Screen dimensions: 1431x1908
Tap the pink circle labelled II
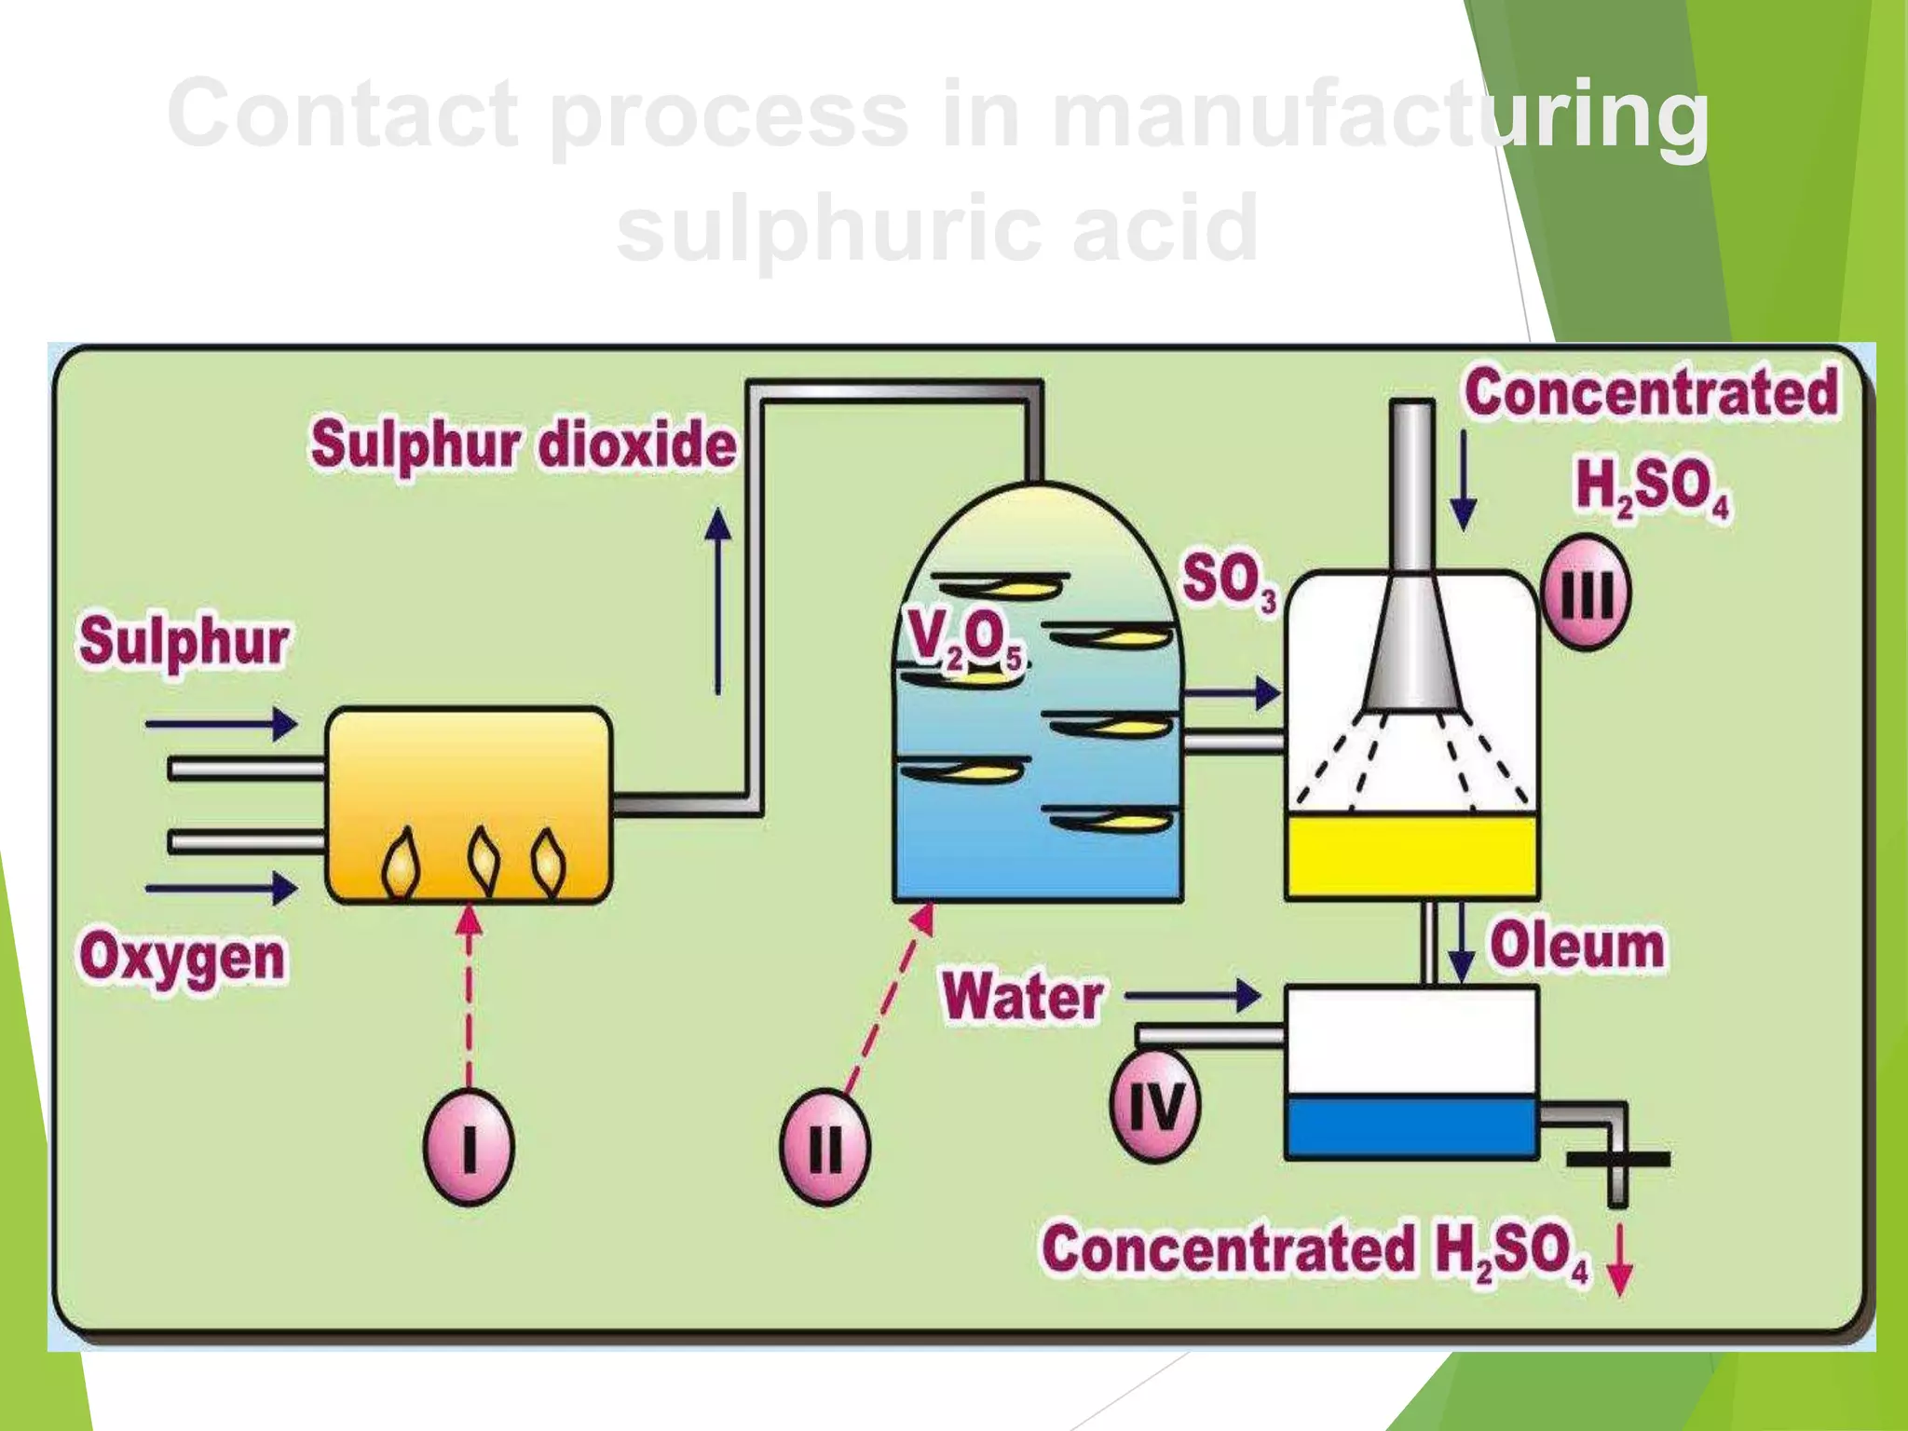(x=824, y=1146)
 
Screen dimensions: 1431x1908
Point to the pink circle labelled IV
(x=1155, y=1106)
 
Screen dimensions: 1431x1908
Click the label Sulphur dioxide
(x=524, y=444)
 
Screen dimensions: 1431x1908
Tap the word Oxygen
(x=183, y=958)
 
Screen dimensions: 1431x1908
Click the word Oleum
(x=1577, y=946)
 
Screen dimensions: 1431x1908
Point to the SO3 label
(x=1229, y=580)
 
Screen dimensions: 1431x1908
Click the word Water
(x=1023, y=997)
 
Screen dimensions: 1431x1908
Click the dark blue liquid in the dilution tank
(x=1411, y=1125)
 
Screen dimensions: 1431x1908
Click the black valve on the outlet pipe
(x=1618, y=1160)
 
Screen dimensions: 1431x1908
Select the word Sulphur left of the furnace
(x=184, y=642)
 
